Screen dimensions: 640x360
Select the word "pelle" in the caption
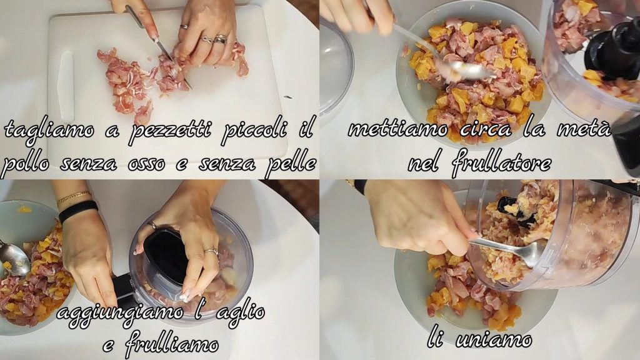tap(291, 163)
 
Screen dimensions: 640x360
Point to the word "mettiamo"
tap(397, 130)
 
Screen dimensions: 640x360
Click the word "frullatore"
tap(502, 163)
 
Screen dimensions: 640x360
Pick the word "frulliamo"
tap(172, 344)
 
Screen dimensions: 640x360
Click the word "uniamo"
tap(494, 340)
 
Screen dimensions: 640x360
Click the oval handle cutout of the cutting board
tap(66, 87)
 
